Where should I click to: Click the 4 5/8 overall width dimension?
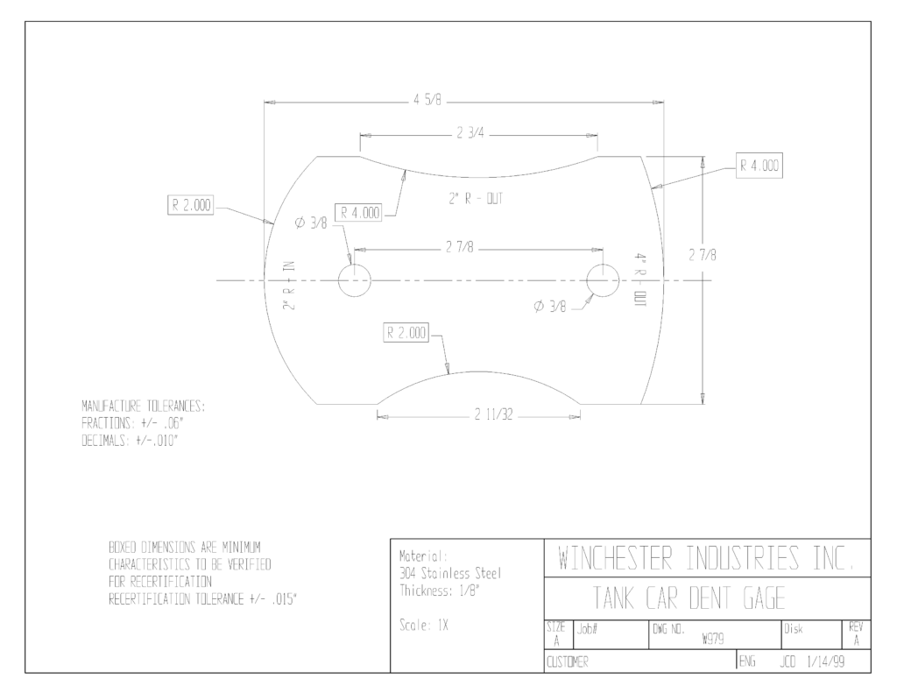point(427,100)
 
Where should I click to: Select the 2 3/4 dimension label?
point(470,133)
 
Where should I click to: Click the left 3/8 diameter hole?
point(355,280)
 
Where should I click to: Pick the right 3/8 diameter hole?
point(603,280)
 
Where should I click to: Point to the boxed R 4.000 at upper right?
point(759,166)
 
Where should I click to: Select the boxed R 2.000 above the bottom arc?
point(406,333)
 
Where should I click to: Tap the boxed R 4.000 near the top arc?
point(360,213)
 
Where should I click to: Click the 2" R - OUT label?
point(476,199)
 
